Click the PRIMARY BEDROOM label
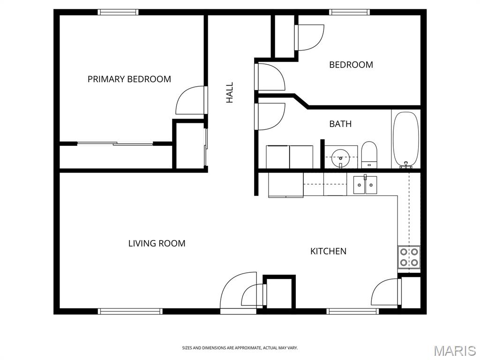tap(129, 79)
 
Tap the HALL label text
tap(230, 92)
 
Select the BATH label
tap(340, 124)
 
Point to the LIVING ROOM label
tap(157, 243)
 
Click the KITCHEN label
tap(329, 251)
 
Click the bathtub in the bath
tap(406, 140)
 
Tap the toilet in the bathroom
tap(369, 155)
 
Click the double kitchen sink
tap(365, 185)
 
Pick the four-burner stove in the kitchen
tap(409, 257)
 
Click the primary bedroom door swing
tap(190, 100)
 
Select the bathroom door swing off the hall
tap(270, 117)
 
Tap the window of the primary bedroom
tap(118, 12)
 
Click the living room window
tap(130, 311)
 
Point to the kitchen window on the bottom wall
tap(352, 311)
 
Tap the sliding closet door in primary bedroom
tap(115, 143)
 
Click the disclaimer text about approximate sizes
tap(240, 348)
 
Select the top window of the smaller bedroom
tap(349, 12)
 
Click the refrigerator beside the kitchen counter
tap(286, 185)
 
